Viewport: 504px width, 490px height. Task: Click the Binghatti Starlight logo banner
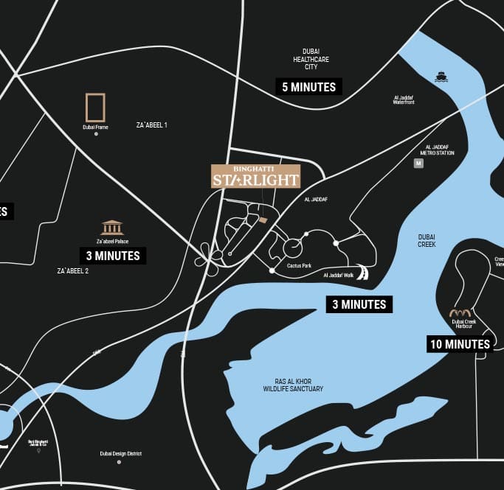[255, 175]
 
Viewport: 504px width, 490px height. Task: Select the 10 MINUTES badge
[460, 343]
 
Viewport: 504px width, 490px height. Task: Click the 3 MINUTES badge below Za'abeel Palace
[113, 256]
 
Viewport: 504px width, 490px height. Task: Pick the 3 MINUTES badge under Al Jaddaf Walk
[359, 304]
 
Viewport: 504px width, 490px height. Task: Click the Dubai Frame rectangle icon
[95, 108]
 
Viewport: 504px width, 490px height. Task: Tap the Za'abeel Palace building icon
[112, 227]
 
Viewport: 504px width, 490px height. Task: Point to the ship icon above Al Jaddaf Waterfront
[441, 77]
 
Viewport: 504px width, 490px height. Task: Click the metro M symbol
[418, 164]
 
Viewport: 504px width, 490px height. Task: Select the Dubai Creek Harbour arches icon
[460, 313]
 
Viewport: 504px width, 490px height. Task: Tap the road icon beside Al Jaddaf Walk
[362, 272]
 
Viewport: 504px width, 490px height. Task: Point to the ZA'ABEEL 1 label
[152, 125]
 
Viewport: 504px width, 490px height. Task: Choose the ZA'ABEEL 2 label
[73, 271]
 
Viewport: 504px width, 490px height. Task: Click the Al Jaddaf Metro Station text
[435, 150]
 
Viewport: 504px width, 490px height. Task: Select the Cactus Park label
[299, 266]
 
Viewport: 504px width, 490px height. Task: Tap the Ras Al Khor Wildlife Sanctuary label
[293, 385]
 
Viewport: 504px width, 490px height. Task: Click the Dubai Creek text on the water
[427, 240]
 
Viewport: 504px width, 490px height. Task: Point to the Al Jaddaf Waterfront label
[404, 99]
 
